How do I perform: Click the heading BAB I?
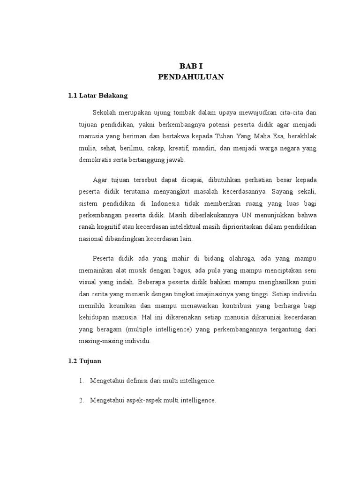(x=191, y=66)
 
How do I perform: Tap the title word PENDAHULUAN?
(x=191, y=77)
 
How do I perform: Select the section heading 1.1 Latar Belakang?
(x=98, y=96)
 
